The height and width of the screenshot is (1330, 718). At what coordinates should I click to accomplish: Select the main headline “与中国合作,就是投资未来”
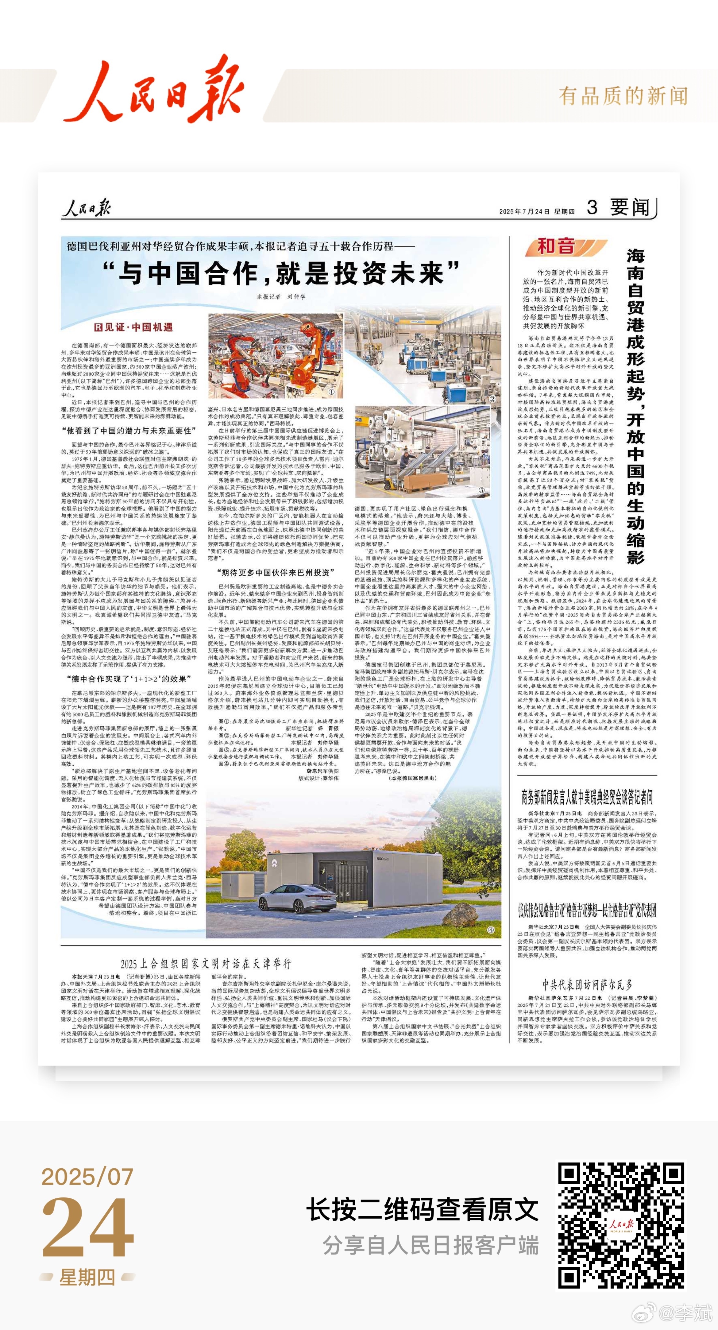coord(281,274)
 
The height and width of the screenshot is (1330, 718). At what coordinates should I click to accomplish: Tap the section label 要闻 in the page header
coord(630,207)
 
